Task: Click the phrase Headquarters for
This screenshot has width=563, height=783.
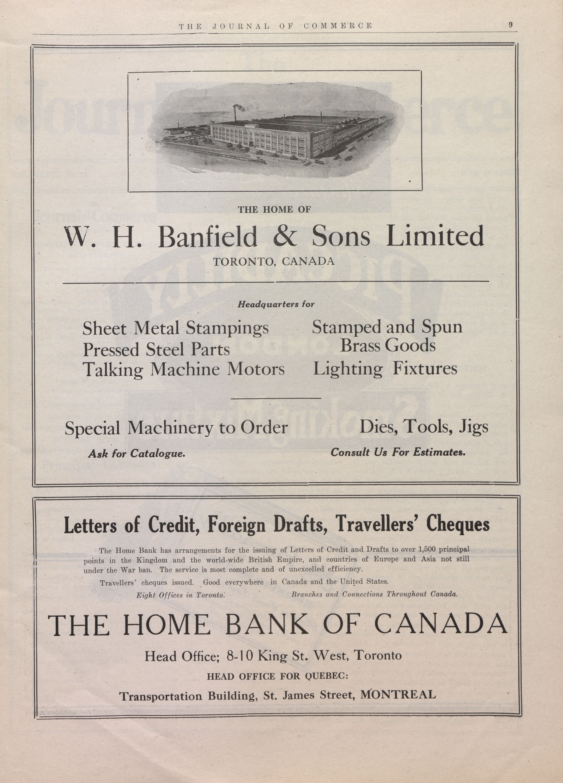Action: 276,304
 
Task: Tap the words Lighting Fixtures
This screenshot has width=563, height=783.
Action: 385,369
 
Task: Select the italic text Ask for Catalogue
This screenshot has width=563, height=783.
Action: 137,453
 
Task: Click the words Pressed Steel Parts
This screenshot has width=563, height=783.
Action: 156,349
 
